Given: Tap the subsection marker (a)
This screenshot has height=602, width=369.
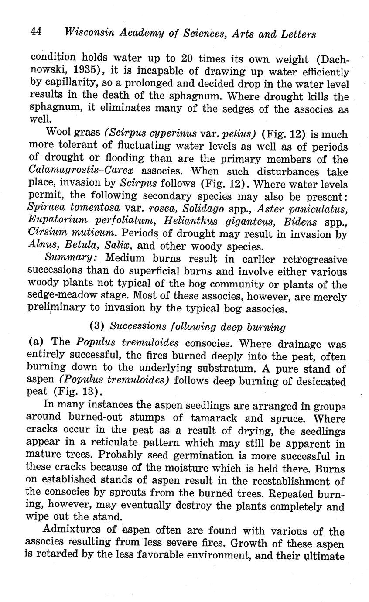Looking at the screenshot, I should (38, 342).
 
